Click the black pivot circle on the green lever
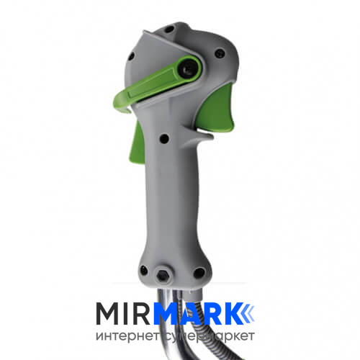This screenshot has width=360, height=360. click(x=189, y=68)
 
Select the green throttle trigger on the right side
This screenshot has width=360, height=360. click(x=217, y=109)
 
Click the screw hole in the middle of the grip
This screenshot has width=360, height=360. click(x=164, y=139)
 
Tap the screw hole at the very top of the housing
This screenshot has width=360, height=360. click(x=169, y=30)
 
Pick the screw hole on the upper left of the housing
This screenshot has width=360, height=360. click(x=131, y=56)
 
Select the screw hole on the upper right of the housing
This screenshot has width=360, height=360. click(x=220, y=53)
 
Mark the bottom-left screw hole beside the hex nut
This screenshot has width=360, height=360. click(x=144, y=270)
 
